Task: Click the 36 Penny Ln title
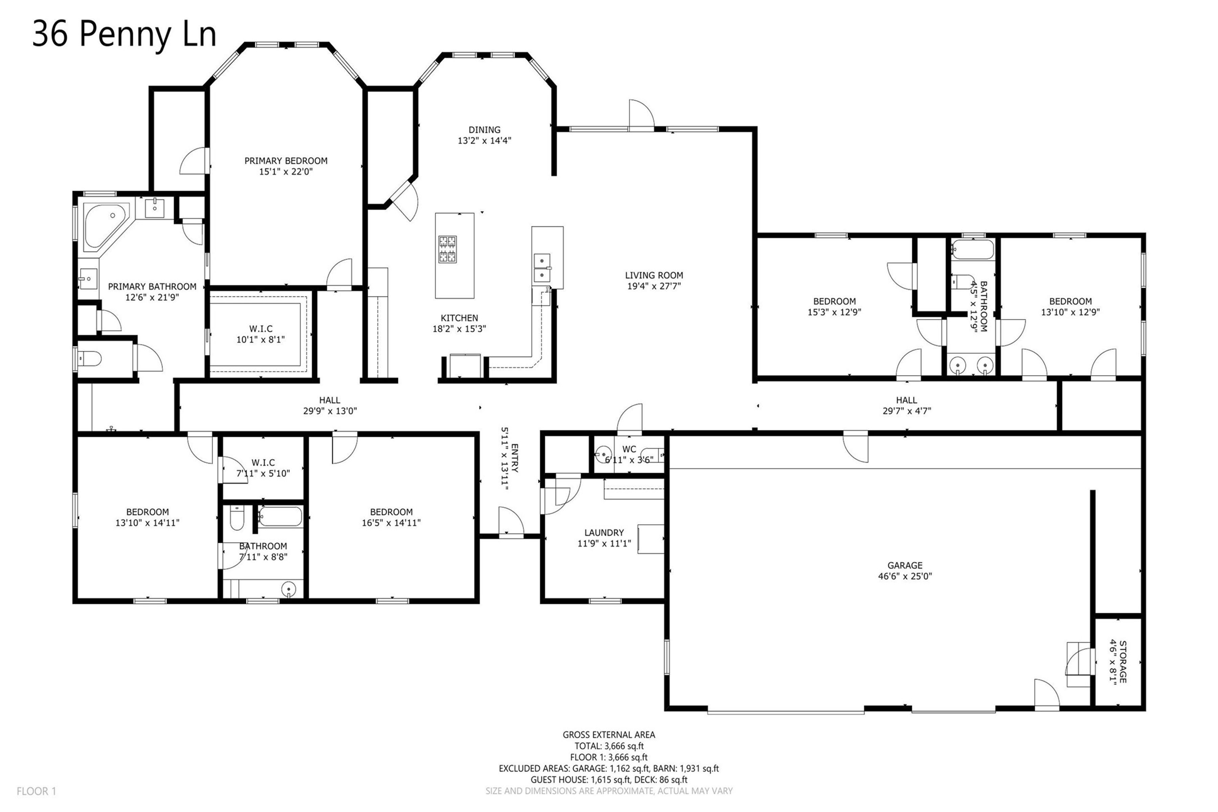coord(124,34)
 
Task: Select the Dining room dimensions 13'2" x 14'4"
coord(484,140)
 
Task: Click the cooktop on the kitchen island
coord(447,249)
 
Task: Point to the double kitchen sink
coord(542,268)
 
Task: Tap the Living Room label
coord(654,275)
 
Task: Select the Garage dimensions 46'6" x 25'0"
coord(905,576)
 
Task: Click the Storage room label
coord(1123,662)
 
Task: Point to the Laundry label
coord(604,532)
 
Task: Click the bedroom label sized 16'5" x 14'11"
coord(391,512)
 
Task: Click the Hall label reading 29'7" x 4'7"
coord(906,400)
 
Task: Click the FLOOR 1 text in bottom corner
coord(36,791)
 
